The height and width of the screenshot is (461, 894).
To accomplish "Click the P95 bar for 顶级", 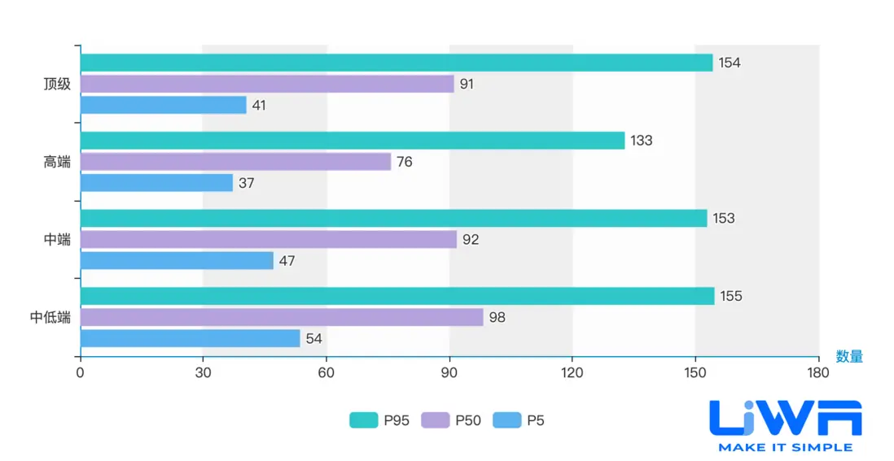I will [397, 63].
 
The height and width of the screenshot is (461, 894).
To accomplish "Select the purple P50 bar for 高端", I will [235, 162].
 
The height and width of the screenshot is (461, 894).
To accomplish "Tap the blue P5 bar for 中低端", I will [190, 338].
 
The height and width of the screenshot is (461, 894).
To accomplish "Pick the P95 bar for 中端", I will [393, 218].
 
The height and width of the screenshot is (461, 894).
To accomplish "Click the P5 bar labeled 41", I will [163, 105].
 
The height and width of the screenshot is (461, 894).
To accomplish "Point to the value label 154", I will [730, 63].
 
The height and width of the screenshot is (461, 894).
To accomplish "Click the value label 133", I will [642, 141].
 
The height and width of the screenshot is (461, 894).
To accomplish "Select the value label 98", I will [497, 317].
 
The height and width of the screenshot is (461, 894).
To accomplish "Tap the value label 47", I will [287, 261].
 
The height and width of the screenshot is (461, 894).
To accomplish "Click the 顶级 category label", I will [57, 84].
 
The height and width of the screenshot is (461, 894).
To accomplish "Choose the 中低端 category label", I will [50, 317].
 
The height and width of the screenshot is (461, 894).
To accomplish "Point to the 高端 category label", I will [57, 162].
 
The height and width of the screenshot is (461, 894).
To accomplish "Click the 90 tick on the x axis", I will [449, 372].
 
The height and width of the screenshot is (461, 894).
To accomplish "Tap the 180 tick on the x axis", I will [818, 372].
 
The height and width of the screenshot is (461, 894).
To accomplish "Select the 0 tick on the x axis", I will [80, 372].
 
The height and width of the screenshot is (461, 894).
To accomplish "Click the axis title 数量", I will [849, 356].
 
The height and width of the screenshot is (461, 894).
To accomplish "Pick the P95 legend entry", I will [379, 420].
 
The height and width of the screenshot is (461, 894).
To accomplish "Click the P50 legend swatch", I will [435, 420].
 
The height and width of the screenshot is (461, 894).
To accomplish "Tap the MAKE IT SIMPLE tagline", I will [785, 446].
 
